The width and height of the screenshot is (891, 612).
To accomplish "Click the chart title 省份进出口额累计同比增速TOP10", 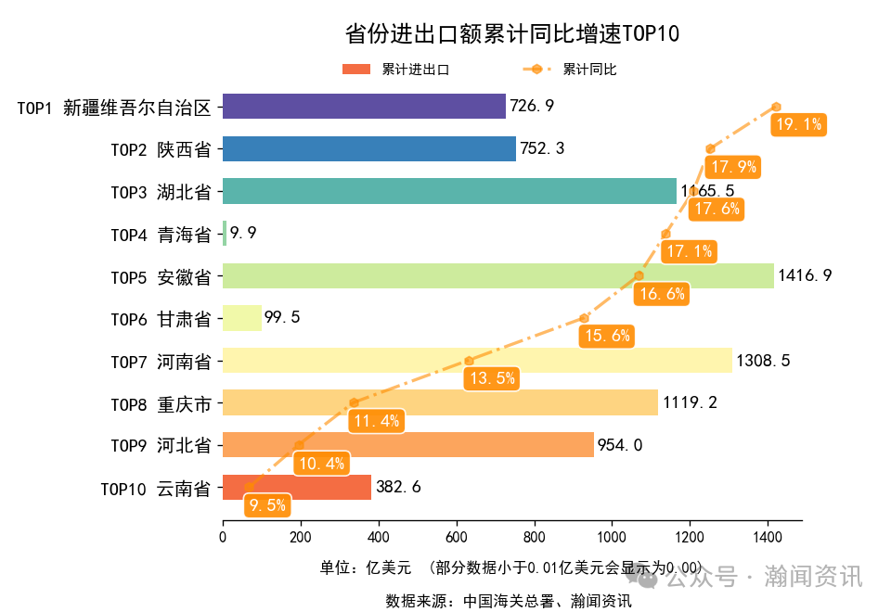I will (512, 34).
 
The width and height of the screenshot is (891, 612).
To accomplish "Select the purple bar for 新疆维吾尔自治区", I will (364, 107).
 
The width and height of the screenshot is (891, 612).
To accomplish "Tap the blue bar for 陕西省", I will (368, 149).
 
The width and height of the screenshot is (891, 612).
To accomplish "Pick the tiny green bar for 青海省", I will (225, 234).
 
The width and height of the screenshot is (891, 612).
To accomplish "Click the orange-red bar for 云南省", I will (296, 488).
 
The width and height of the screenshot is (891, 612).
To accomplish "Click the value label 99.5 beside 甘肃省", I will (282, 318).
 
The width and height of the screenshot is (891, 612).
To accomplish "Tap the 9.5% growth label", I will (267, 505).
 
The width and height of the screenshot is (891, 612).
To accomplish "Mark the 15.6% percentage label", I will (605, 336).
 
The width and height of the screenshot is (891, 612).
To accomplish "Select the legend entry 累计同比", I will (589, 70).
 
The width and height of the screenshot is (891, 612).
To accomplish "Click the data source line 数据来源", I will (509, 601).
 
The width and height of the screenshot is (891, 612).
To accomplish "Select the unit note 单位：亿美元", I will (365, 567).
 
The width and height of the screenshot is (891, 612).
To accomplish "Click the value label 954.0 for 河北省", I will (620, 445).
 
